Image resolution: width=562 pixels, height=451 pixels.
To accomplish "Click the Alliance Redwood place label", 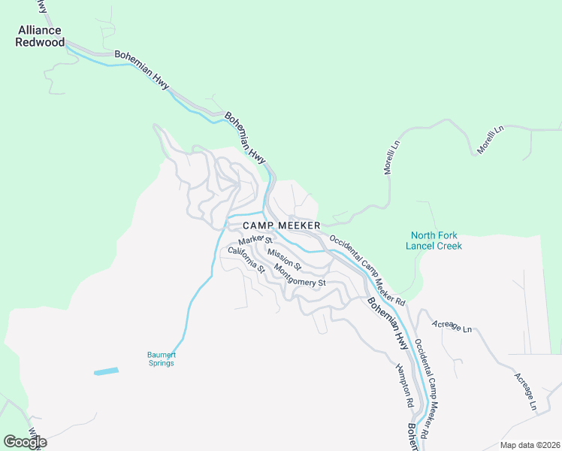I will pos(39,36).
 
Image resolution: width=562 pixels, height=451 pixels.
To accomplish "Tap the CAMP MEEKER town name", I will pos(282,225).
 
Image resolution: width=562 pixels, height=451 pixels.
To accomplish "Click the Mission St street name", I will pos(284,259).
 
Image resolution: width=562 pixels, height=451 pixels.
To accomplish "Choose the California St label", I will pos(247,259).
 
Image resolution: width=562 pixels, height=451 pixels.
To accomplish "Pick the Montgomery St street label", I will pos(300,276).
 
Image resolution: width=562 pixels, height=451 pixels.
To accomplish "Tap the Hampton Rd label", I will pos(406,384).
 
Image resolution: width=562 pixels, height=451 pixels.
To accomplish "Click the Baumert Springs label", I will pos(160,359).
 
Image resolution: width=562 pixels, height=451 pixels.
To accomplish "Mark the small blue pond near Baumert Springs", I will pos(106,371).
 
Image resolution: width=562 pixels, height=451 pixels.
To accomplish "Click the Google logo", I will pos(25,442).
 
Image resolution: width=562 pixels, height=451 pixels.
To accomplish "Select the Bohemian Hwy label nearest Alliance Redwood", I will pos(142,71).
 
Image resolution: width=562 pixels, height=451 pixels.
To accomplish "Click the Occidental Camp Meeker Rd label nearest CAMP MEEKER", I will pos(367,271).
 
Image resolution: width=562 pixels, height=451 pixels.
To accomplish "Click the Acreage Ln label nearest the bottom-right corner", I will pos(526,391).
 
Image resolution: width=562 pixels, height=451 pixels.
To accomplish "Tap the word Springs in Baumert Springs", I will pos(160,364).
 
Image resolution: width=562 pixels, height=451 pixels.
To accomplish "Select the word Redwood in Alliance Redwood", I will pos(39,41).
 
